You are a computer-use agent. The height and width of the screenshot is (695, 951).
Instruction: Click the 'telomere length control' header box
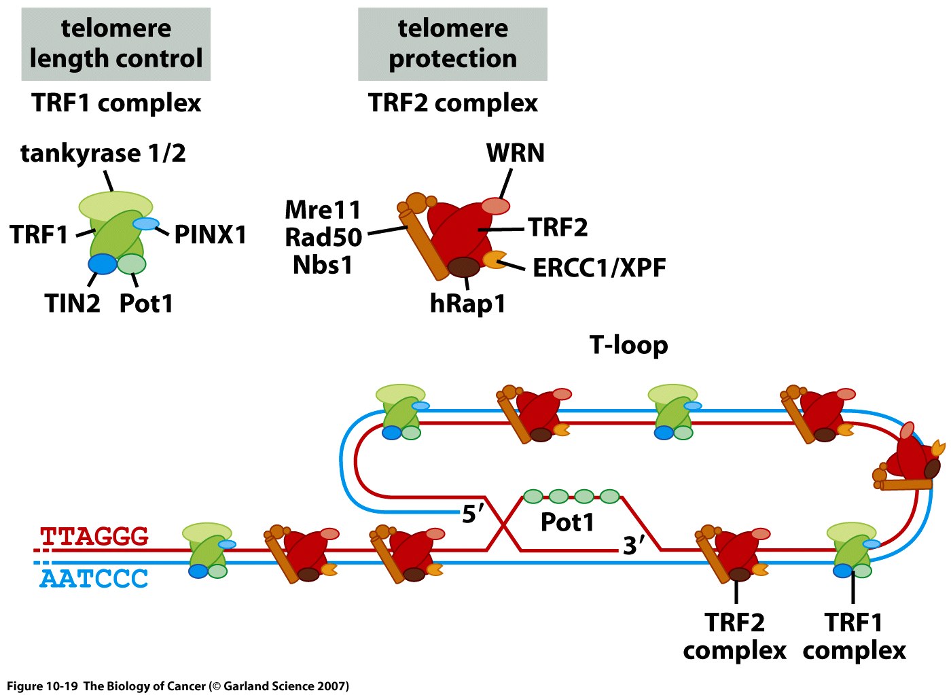pyautogui.click(x=116, y=44)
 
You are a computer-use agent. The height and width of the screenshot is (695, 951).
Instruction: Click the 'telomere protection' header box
pyautogui.click(x=452, y=44)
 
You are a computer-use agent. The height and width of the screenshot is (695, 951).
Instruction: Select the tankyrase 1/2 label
pyautogui.click(x=103, y=154)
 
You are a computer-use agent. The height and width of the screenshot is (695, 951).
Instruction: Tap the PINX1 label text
pyautogui.click(x=211, y=235)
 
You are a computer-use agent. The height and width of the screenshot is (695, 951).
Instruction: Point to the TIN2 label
pyautogui.click(x=73, y=303)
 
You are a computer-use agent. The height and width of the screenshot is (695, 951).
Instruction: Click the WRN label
pyautogui.click(x=516, y=154)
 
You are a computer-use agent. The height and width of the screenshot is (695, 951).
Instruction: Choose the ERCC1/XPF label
pyautogui.click(x=599, y=268)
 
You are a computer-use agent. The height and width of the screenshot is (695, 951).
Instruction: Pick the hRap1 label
pyautogui.click(x=468, y=304)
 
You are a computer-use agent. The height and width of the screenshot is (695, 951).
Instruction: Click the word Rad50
pyautogui.click(x=323, y=237)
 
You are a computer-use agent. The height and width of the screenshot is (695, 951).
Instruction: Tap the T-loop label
pyautogui.click(x=629, y=345)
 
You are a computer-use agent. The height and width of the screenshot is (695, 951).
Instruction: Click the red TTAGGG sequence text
pyautogui.click(x=94, y=536)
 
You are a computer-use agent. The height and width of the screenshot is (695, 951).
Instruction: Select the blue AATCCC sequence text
pyautogui.click(x=94, y=579)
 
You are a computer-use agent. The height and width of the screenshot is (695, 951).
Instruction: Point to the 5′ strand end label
pyautogui.click(x=473, y=514)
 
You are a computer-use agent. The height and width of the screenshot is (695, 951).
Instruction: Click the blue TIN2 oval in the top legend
pyautogui.click(x=103, y=264)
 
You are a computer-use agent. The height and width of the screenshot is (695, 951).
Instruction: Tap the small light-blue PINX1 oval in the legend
pyautogui.click(x=146, y=224)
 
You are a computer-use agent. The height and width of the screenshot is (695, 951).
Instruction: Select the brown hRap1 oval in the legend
pyautogui.click(x=464, y=266)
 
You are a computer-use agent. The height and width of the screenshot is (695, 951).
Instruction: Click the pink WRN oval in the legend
pyautogui.click(x=496, y=206)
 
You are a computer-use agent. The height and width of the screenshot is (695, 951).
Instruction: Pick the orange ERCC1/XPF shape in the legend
pyautogui.click(x=495, y=259)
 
